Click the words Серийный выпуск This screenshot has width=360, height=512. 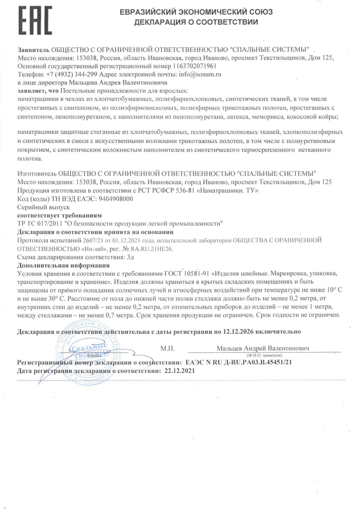[38, 207]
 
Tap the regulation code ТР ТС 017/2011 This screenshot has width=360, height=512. [42, 223]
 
